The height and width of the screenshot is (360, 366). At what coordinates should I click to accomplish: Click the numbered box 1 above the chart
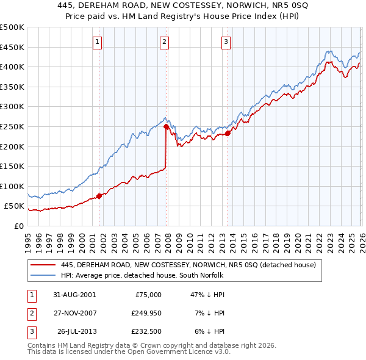(98, 42)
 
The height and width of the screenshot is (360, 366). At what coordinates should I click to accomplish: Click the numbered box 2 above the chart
(165, 42)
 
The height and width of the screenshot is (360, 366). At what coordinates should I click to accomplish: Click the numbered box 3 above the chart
(226, 42)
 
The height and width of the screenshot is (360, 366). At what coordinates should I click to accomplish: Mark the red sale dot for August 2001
(99, 196)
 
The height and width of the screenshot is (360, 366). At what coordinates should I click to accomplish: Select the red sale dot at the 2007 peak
(166, 126)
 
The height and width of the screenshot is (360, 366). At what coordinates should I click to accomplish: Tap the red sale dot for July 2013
(228, 133)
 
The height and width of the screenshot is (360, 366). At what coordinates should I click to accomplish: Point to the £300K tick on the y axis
(13, 107)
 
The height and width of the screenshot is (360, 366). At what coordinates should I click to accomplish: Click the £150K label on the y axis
(13, 166)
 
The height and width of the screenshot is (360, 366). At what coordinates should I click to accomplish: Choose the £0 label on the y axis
(18, 226)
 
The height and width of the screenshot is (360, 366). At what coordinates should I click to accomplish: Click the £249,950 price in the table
(145, 313)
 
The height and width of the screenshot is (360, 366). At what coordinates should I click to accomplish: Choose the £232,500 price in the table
(145, 331)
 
